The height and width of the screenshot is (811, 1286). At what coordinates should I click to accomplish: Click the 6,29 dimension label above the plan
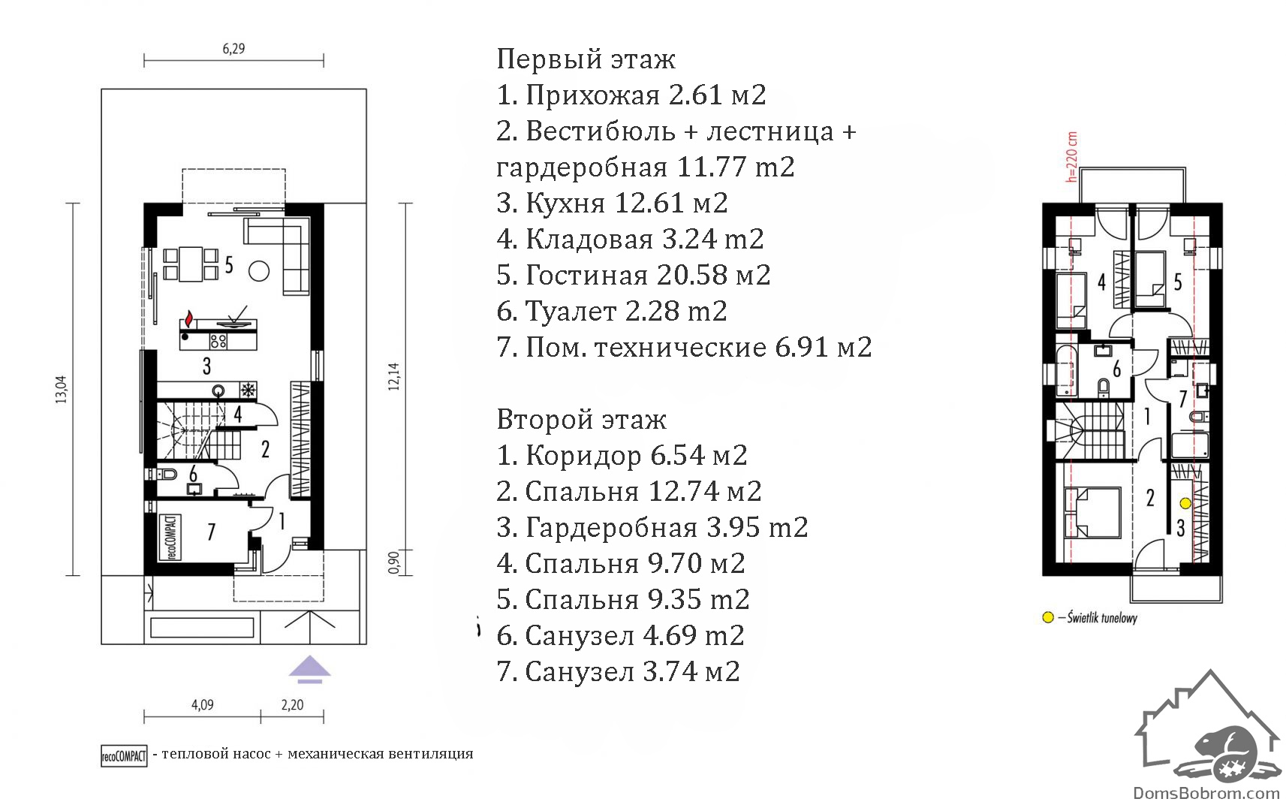tap(233, 49)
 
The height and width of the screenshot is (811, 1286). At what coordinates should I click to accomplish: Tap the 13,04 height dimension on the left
tap(61, 390)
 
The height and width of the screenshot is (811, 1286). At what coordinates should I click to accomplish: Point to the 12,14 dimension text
tap(393, 377)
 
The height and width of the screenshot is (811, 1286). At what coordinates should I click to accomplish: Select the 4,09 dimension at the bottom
tap(203, 704)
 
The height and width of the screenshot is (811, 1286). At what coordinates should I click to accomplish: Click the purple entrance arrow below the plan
tap(309, 669)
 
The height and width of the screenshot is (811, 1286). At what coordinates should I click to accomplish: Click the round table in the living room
tap(259, 271)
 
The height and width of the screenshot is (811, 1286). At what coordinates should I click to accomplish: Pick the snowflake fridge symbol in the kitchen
tap(248, 390)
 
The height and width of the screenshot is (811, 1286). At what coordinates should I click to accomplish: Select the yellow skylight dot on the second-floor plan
tap(1185, 503)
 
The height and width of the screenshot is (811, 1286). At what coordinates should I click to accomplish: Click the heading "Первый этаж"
tap(586, 59)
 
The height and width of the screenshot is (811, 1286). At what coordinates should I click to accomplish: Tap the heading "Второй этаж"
tap(581, 420)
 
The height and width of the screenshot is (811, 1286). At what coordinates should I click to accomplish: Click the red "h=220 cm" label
tap(1072, 158)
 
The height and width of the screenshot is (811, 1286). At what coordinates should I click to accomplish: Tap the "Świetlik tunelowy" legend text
tap(1102, 618)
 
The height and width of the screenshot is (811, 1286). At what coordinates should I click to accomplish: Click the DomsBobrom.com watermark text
tap(1207, 794)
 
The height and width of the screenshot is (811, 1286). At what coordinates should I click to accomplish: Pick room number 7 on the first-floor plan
tap(211, 532)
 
